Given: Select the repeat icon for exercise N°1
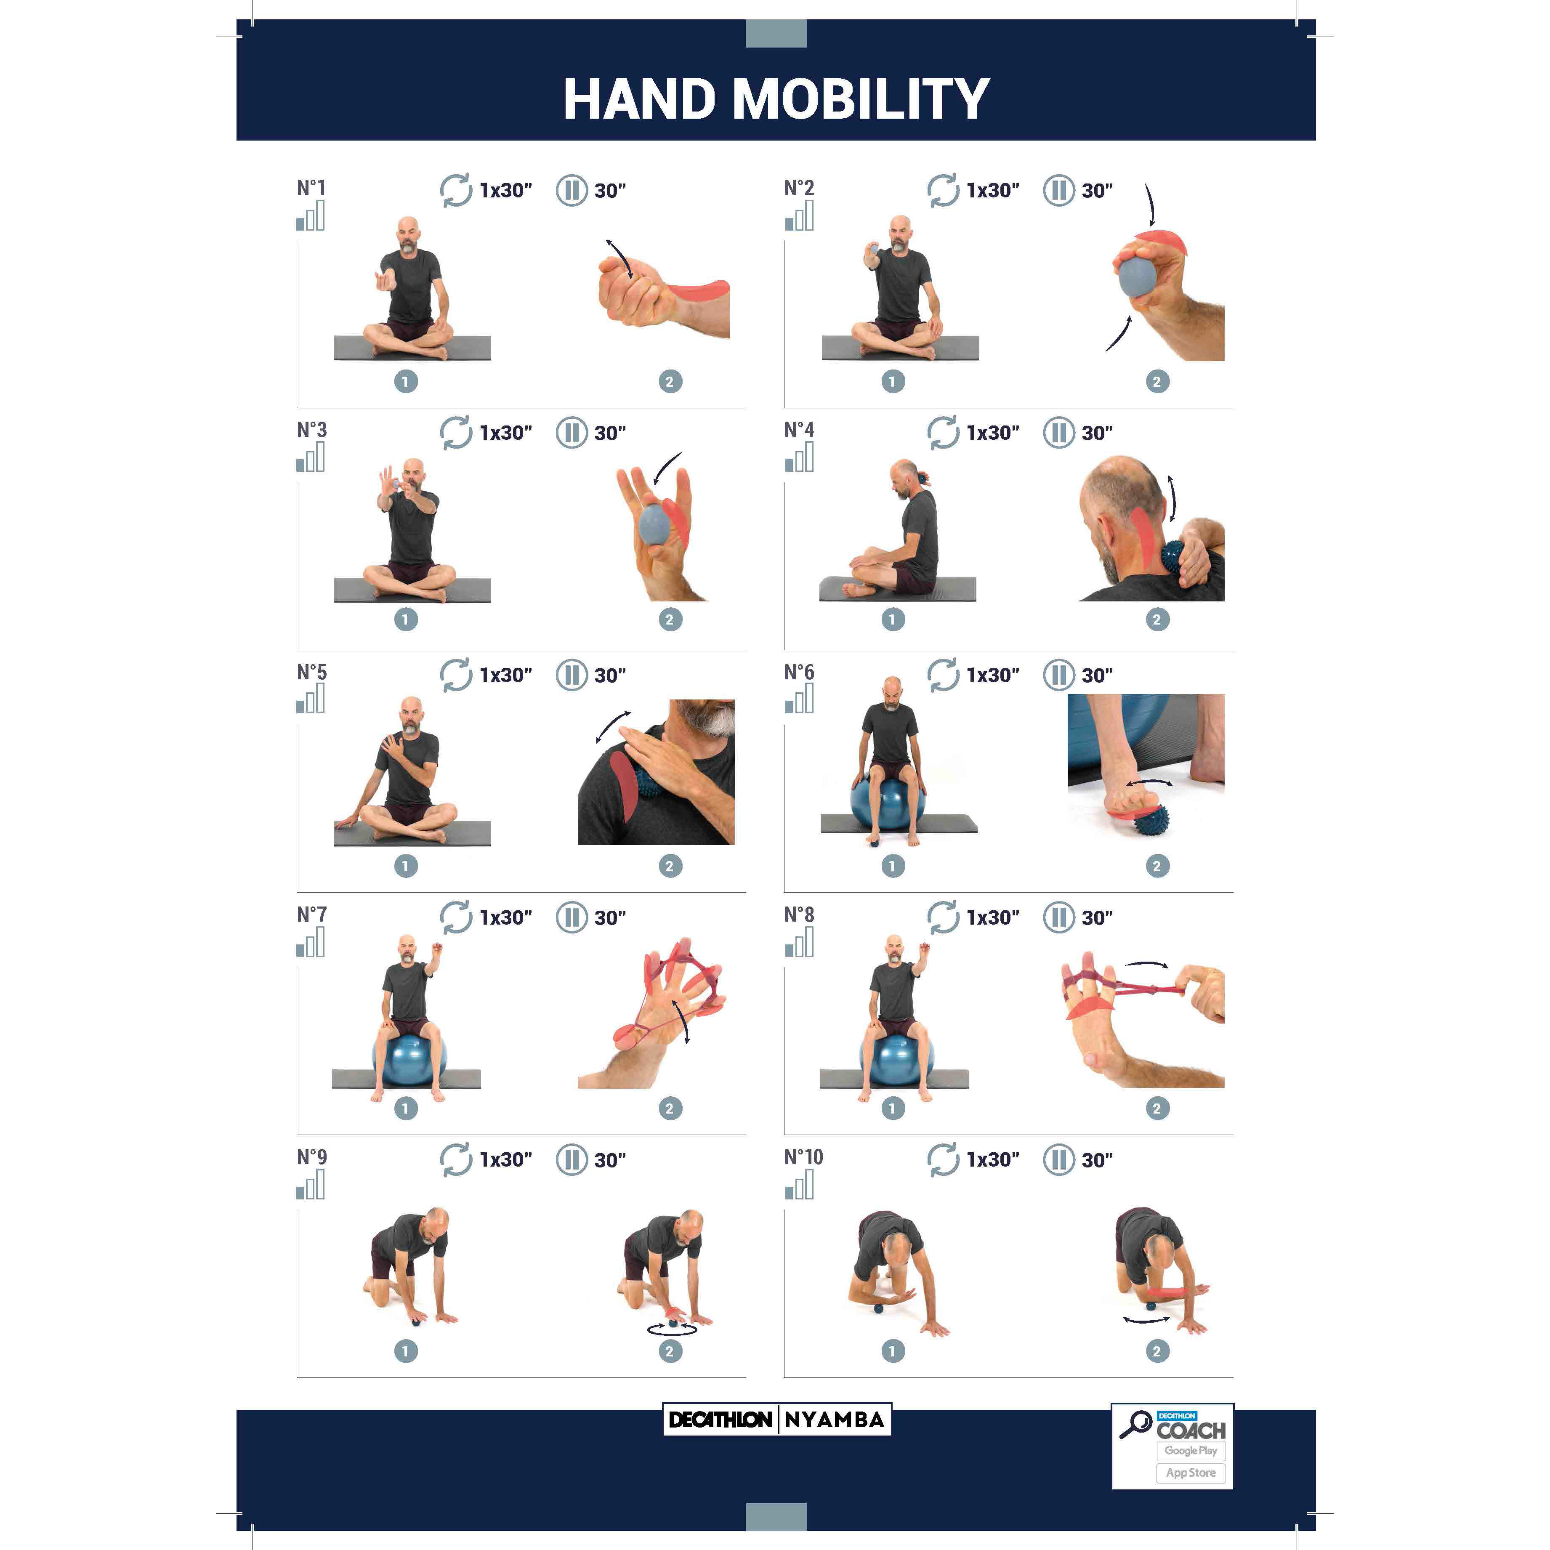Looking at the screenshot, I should [x=456, y=191].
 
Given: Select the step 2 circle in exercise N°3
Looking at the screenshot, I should [x=670, y=619].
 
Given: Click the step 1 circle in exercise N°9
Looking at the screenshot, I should [x=405, y=1351].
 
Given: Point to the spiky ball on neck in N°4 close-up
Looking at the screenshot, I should [x=1178, y=555].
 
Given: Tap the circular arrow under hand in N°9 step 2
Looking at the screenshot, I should [x=672, y=1330].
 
